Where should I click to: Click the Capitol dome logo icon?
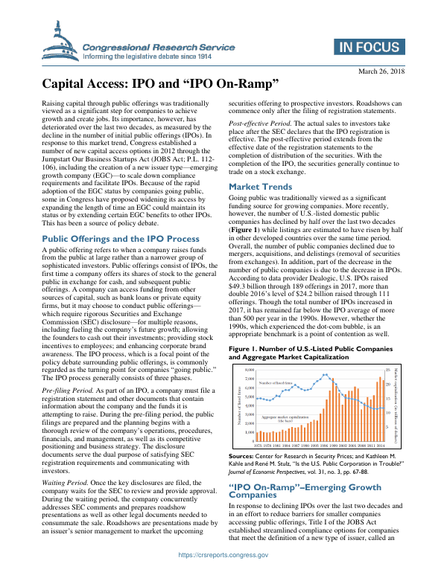59,42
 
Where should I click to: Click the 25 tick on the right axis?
388,368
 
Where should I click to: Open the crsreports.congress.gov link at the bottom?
223,555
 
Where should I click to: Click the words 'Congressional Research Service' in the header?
150,46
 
